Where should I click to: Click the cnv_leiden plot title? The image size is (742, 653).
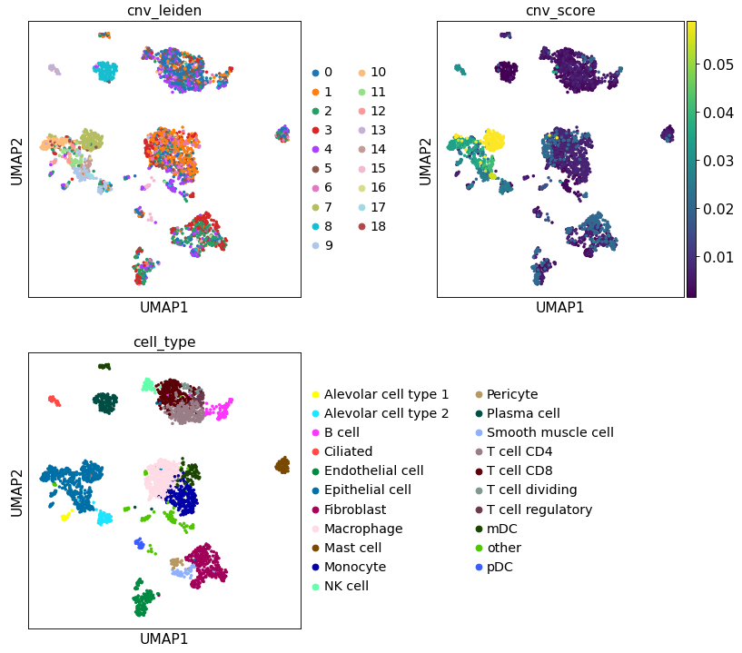(x=164, y=11)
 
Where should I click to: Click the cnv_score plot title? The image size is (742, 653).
(x=560, y=11)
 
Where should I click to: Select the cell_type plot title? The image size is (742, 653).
(x=164, y=341)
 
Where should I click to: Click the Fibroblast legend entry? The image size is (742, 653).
(x=354, y=510)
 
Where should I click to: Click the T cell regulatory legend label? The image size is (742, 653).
(x=539, y=510)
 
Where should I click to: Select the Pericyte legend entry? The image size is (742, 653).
(x=512, y=394)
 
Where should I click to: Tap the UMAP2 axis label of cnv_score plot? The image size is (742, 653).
(x=425, y=160)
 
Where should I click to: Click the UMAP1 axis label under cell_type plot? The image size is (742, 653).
(x=164, y=638)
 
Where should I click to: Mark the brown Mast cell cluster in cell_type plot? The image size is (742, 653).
(x=282, y=466)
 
